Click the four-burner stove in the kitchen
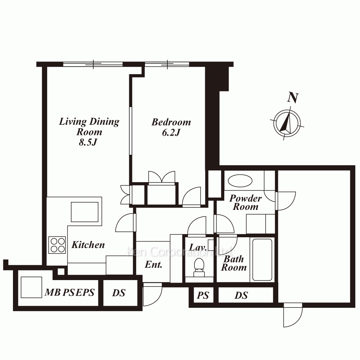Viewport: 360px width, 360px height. pos(57,245)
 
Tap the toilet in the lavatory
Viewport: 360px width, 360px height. pos(199,267)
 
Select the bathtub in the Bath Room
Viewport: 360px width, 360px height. pos(262,260)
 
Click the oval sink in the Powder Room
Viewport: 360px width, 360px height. pos(240,181)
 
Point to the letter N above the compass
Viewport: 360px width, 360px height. pos(293,98)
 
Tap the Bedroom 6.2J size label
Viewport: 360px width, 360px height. pos(171,132)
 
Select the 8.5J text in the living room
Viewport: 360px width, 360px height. pos(88,142)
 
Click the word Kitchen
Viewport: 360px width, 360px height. pos(88,245)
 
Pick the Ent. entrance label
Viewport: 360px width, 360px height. pos(153,265)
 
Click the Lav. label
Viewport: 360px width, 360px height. pos(198,248)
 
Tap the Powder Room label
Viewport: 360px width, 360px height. pos(246,202)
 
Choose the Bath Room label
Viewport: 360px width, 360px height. pos(234,263)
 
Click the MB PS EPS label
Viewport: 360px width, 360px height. pos(69,292)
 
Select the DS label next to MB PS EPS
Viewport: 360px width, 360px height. pos(119,293)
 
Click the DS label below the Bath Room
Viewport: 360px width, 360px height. pos(241,295)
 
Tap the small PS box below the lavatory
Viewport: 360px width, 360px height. pos(203,295)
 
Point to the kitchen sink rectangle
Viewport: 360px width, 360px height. pos(85,212)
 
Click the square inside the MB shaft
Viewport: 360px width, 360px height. pos(31,287)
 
